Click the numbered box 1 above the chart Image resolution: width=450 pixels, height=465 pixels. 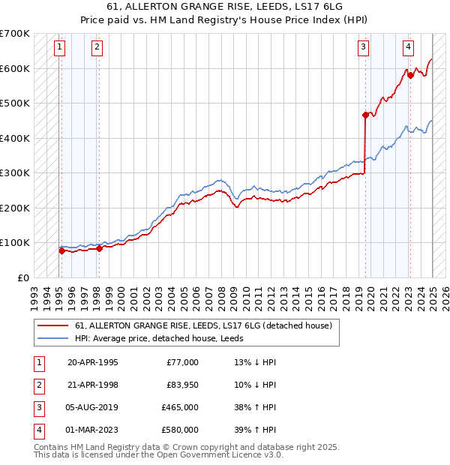pos(59,47)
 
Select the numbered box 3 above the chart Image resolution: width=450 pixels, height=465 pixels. pos(363,47)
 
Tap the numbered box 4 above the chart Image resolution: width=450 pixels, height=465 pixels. pos(408,47)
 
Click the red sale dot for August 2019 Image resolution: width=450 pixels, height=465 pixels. pos(365,115)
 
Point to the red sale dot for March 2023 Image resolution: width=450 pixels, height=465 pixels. pos(410,75)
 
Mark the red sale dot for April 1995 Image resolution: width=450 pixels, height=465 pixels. pos(61,250)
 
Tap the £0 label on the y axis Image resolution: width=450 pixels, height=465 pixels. pos(23,277)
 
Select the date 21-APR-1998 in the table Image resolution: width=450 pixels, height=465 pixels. pos(93,385)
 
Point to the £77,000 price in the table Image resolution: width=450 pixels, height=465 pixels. pos(182,362)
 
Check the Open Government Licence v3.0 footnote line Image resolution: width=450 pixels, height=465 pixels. pos(158,455)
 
